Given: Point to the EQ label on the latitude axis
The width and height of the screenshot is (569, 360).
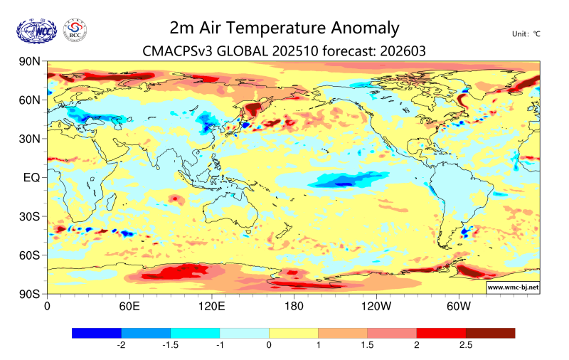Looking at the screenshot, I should pos(31,177).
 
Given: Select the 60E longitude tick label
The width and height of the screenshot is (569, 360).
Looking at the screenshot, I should pos(129,307).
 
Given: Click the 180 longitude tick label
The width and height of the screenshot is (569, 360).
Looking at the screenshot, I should pos(294,307).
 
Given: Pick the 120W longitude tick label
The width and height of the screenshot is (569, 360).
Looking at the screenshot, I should pos(376,307).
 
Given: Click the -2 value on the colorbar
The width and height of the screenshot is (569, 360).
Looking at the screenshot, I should pos(121,346).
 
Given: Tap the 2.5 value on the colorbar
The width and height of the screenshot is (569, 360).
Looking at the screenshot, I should pos(465,346).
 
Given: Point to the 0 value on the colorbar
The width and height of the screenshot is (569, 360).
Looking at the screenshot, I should pos(269,346).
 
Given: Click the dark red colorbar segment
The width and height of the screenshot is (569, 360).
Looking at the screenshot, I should pos(490,333).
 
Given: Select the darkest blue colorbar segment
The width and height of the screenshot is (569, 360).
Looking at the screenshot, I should pos(97,333).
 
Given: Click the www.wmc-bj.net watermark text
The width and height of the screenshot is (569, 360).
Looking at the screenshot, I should pos(512,287).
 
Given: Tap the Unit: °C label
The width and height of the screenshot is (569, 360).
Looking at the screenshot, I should pos(526,34).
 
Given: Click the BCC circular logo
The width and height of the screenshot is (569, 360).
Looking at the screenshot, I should pos(75,30).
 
